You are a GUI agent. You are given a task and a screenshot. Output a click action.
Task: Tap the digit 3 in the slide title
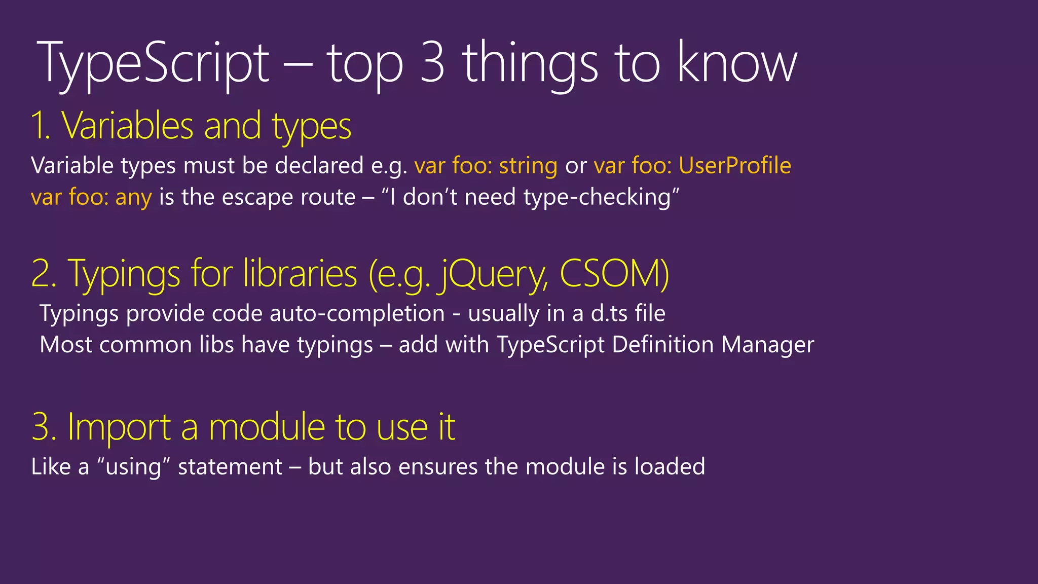coord(432,63)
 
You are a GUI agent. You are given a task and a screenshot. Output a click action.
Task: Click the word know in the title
coord(737,63)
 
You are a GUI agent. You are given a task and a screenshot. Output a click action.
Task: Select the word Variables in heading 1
coord(127,126)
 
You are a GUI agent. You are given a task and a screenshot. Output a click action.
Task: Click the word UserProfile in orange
coord(734,166)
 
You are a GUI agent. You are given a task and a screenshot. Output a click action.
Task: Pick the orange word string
coord(528,166)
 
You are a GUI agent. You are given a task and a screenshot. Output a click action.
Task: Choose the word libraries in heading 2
coord(300,274)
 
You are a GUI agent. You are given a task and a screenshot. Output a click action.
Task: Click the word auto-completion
coord(357,313)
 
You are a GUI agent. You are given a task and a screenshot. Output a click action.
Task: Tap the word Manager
coord(767,345)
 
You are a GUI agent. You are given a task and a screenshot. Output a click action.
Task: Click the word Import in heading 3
coord(119,427)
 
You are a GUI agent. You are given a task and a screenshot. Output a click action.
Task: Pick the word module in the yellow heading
coord(267,427)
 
